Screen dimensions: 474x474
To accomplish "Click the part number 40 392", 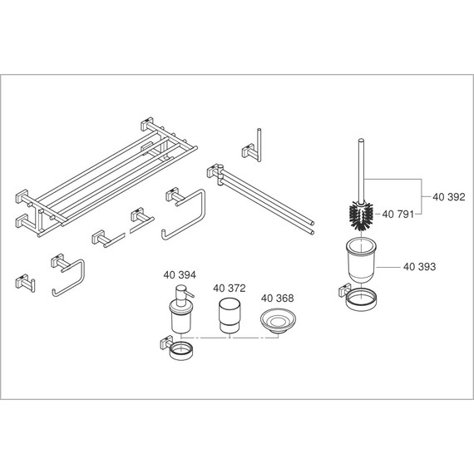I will (x=448, y=198).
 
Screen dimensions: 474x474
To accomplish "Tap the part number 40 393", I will (x=420, y=267).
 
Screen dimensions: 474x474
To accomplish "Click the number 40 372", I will (x=229, y=288).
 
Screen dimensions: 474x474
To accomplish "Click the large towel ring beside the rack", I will (x=186, y=214).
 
